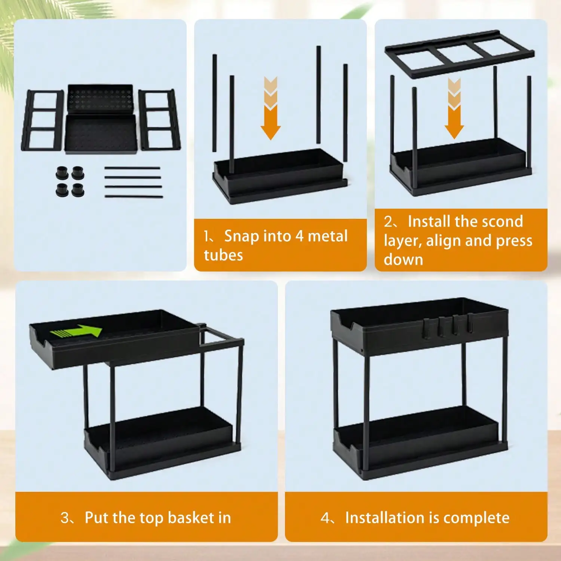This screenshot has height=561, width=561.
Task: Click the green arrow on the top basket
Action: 77,331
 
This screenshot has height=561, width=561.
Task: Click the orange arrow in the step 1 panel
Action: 271,108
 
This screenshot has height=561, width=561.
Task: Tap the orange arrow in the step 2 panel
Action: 454,108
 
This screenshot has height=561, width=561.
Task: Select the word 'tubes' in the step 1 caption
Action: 223,255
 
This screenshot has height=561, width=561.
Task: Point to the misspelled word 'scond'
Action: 503,221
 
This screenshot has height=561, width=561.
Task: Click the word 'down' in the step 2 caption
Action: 403,260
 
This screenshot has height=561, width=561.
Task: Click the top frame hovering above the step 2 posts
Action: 460,54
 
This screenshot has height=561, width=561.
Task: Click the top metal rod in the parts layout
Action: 132,169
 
